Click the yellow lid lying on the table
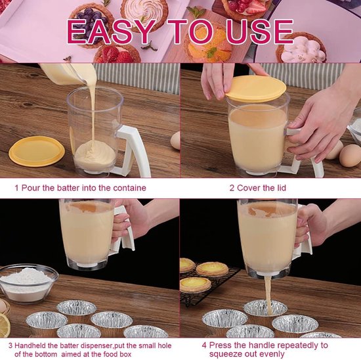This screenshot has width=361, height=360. click(x=37, y=150)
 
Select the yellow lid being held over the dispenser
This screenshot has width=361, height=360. click(x=255, y=88)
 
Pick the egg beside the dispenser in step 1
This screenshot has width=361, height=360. click(x=175, y=141)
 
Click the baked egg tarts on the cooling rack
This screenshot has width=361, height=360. click(x=203, y=276)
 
